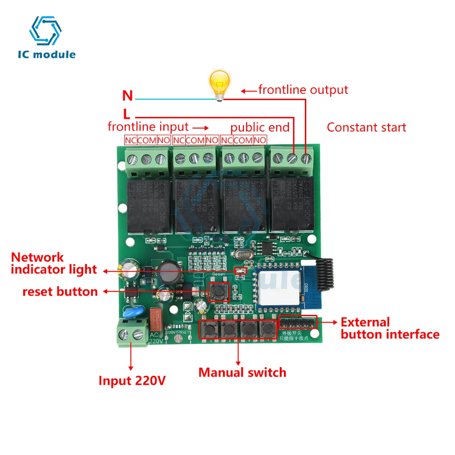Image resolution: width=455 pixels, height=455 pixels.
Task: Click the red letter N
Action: point(127,96)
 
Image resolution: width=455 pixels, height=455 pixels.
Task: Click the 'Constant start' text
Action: point(366,127)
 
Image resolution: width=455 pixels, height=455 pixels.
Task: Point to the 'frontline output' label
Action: point(303,90)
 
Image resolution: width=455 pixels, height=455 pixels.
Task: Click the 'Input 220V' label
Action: point(132,380)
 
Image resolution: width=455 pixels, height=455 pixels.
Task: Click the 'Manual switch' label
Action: point(242,372)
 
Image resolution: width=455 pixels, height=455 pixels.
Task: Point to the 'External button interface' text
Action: point(390,329)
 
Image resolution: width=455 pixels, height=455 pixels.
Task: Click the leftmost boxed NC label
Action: point(130,141)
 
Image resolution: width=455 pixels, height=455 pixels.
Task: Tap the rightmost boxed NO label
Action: point(260,141)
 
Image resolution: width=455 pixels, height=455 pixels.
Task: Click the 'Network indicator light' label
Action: point(54,263)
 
